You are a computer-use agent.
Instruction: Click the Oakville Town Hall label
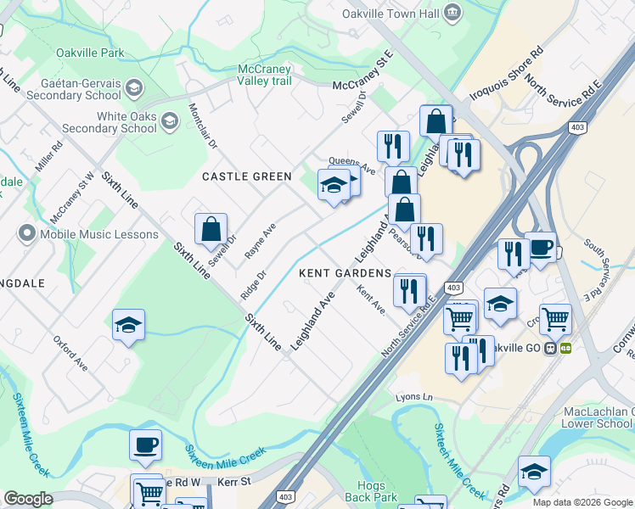pyautogui.click(x=390, y=14)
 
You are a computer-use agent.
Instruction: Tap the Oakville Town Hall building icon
pyautogui.click(x=452, y=12)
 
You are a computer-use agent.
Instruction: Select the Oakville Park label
pyautogui.click(x=90, y=53)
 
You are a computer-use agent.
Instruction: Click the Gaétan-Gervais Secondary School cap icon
pyautogui.click(x=134, y=87)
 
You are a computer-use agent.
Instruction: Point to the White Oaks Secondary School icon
pyautogui.click(x=170, y=121)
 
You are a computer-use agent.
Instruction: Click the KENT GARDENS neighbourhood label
pyautogui.click(x=345, y=273)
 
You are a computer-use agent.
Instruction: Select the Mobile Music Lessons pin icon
pyautogui.click(x=25, y=234)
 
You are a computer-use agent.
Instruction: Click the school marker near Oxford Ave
pyautogui.click(x=128, y=325)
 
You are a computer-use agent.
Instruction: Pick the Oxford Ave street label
pyautogui.click(x=71, y=352)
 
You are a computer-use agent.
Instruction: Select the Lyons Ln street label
pyautogui.click(x=413, y=397)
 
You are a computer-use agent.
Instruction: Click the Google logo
pyautogui.click(x=28, y=499)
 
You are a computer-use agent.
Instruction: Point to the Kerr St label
pyautogui.click(x=236, y=481)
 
